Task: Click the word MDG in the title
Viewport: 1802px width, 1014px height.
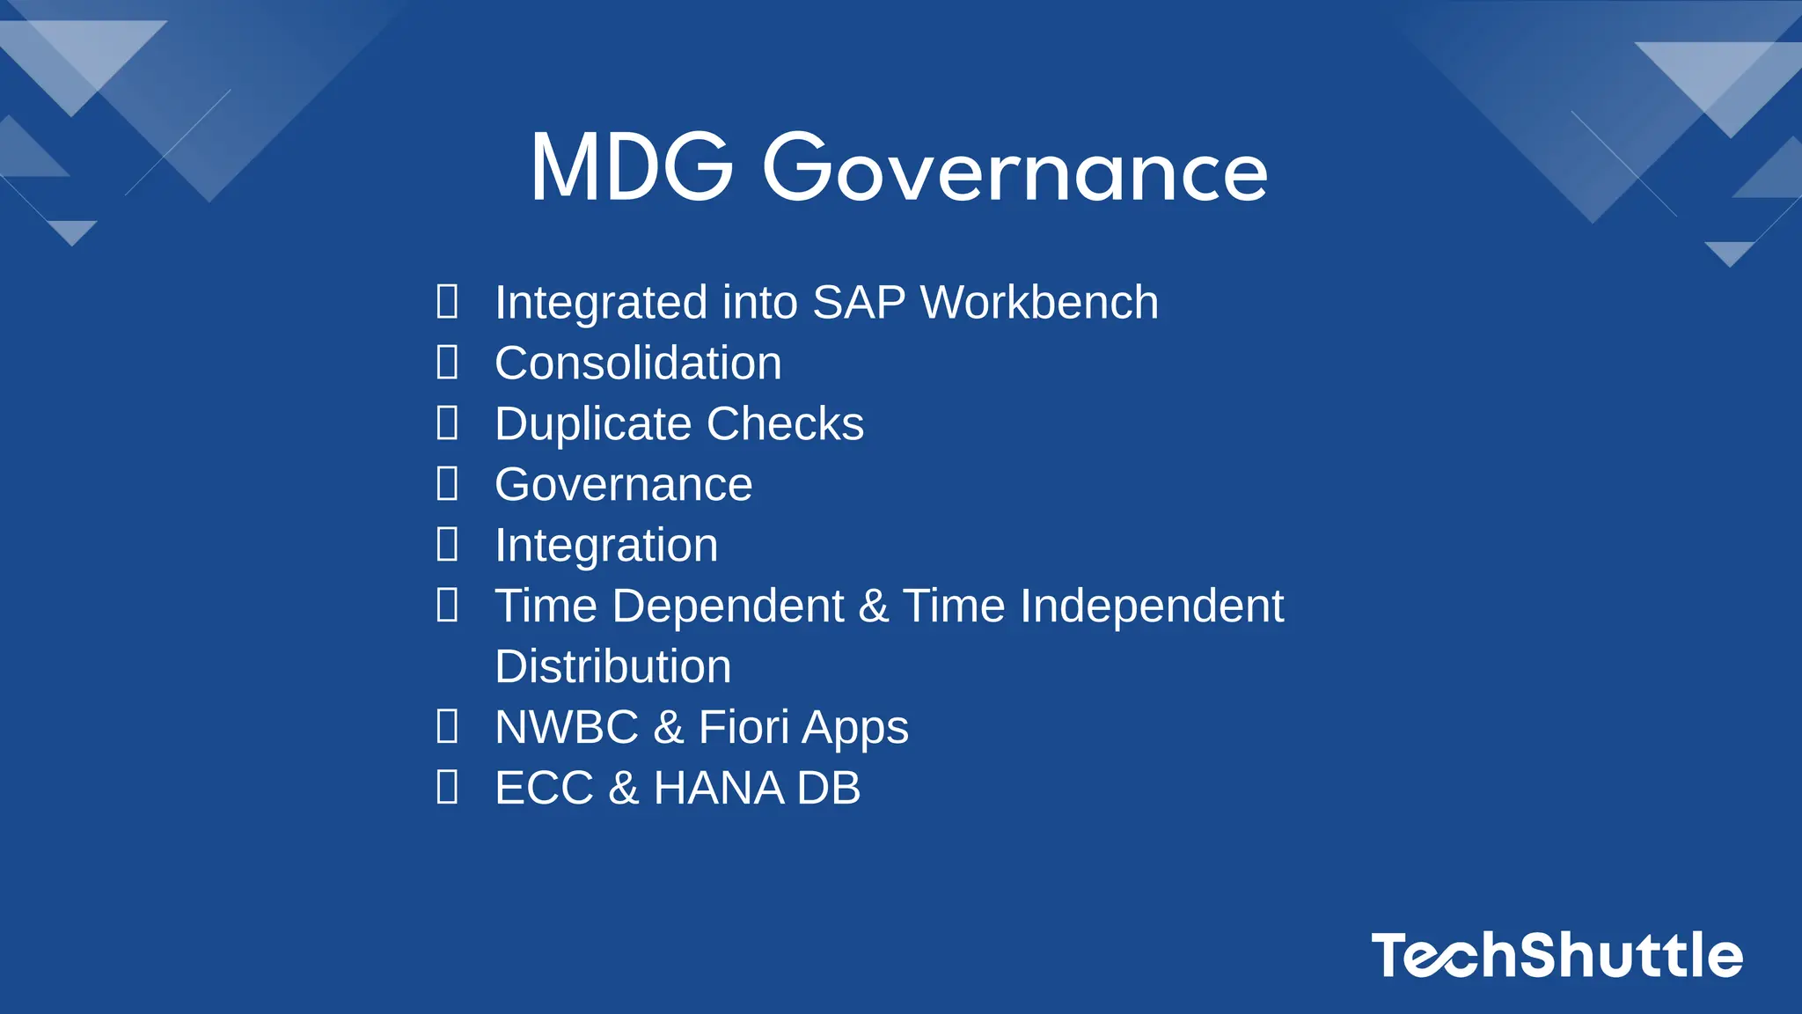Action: (631, 167)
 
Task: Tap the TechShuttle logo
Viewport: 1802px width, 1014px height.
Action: (1556, 955)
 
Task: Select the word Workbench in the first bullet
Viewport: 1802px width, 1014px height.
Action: (1039, 303)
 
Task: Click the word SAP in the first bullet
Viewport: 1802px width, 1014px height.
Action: (859, 303)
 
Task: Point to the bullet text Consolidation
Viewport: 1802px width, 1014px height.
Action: (638, 364)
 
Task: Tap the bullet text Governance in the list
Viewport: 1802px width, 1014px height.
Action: (623, 485)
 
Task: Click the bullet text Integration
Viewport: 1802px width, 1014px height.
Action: (606, 546)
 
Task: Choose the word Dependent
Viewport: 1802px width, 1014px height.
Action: (728, 606)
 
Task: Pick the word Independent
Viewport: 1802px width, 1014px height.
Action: (1152, 606)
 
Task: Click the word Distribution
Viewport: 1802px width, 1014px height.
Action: (612, 667)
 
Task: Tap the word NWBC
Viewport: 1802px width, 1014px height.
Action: (567, 728)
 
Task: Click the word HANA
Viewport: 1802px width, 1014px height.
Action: (719, 788)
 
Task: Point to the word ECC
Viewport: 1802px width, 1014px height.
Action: (544, 788)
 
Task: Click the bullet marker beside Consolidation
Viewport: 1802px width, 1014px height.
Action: (447, 363)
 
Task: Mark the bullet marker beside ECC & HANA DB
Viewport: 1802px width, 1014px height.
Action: (447, 787)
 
